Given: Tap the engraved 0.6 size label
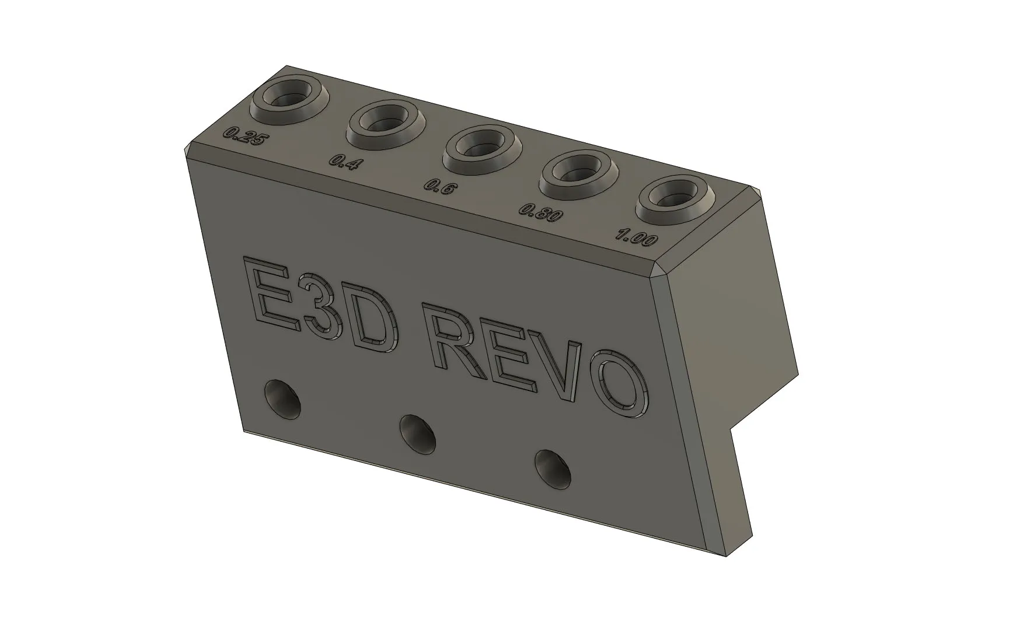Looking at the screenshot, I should [x=438, y=187].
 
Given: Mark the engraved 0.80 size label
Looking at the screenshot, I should [x=541, y=212].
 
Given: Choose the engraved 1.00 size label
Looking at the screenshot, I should [x=637, y=238].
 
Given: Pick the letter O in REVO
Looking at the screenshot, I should [x=619, y=385].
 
